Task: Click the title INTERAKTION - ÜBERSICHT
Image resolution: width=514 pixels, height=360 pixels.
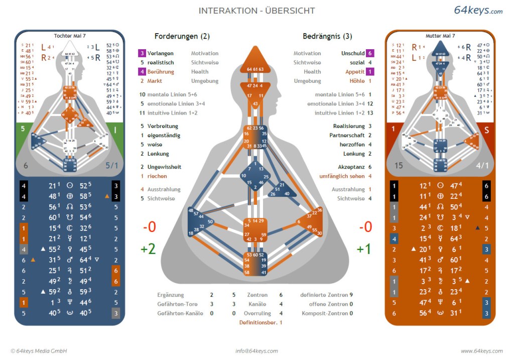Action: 256,11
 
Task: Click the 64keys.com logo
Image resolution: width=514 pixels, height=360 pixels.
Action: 478,10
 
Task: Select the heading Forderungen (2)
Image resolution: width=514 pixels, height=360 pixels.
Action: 182,36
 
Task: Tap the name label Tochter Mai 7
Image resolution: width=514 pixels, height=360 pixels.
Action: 69,36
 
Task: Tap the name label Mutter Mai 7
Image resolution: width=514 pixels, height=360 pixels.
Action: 440,36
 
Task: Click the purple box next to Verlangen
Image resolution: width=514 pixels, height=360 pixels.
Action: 143,53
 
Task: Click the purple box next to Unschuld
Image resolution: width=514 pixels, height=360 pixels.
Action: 370,53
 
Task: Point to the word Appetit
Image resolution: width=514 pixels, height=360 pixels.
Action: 355,72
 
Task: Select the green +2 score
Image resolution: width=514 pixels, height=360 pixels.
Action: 148,249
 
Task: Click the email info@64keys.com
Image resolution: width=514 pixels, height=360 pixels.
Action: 256,351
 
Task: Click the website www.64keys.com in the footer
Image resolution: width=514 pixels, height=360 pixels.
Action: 481,351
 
